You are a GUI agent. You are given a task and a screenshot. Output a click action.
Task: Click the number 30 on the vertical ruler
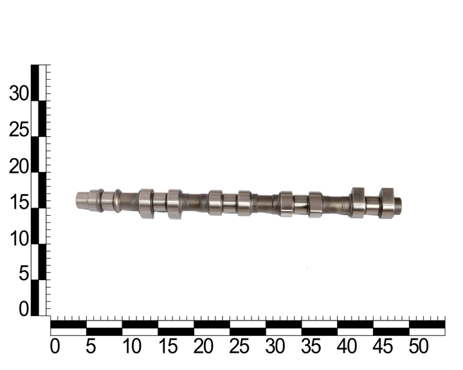coord(19,94)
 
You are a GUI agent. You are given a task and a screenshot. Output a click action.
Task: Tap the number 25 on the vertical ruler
coord(19,130)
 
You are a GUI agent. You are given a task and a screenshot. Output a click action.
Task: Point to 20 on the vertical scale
coord(19,166)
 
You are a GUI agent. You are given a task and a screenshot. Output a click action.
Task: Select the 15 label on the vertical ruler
coord(19,202)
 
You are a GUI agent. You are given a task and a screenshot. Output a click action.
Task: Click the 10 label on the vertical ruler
coord(19,238)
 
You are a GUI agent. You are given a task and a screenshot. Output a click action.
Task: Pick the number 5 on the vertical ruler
coord(24,273)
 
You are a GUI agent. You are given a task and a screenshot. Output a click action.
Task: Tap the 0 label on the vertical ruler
coord(24,310)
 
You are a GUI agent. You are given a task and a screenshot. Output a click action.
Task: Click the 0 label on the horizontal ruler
coord(55,346)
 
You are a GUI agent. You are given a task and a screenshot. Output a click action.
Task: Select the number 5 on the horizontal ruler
coord(91,346)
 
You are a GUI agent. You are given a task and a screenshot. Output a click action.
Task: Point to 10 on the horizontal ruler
coord(132,346)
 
